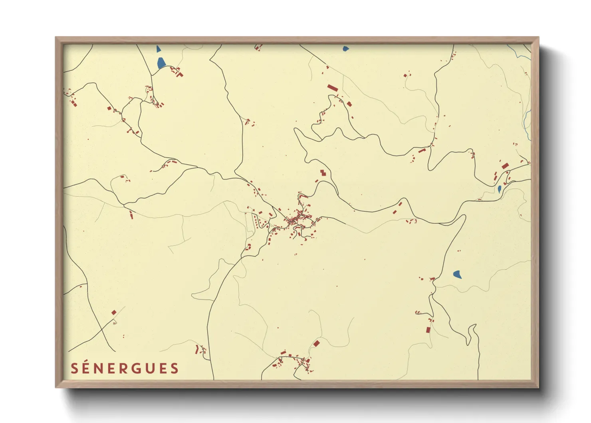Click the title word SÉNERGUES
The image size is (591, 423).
pyautogui.click(x=125, y=368)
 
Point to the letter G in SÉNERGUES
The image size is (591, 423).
pyautogui.click(x=138, y=369)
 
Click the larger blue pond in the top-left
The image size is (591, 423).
pyautogui.click(x=161, y=63)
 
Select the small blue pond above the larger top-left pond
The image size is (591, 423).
pyautogui.click(x=159, y=49)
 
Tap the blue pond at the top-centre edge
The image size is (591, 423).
pyautogui.click(x=345, y=49)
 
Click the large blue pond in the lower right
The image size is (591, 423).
pyautogui.click(x=458, y=274)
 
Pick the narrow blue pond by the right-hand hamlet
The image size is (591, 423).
pyautogui.click(x=499, y=189)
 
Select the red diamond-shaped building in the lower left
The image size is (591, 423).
pyautogui.click(x=114, y=312)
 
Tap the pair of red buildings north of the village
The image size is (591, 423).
pyautogui.click(x=323, y=173)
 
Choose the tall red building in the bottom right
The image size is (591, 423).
pyautogui.click(x=428, y=330)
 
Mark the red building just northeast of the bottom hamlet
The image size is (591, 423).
pyautogui.click(x=316, y=343)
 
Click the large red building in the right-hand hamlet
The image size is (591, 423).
pyautogui.click(x=505, y=166)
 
